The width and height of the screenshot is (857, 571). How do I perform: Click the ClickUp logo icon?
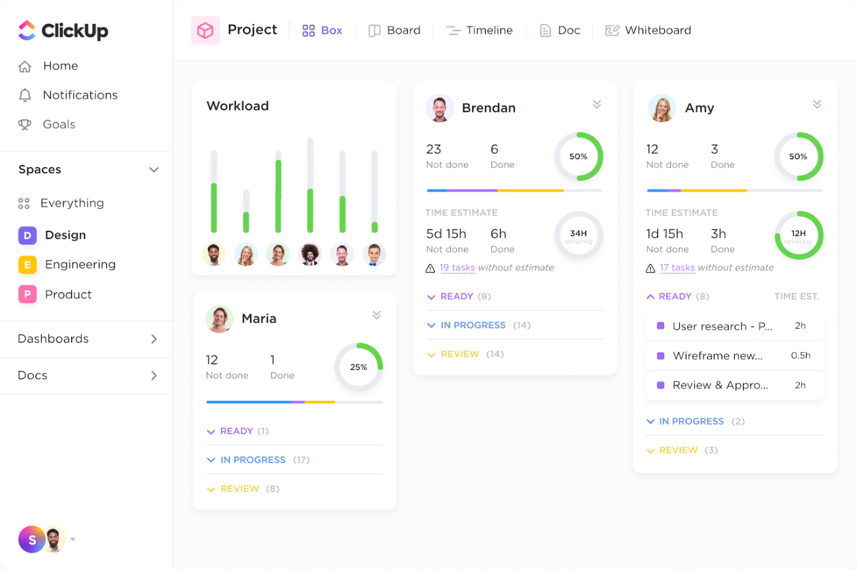[27, 30]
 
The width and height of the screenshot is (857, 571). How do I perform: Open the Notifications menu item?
[80, 95]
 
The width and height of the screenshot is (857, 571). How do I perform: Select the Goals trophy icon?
[25, 124]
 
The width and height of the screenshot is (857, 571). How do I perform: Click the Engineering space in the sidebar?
[80, 264]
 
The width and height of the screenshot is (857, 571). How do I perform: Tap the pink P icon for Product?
[27, 294]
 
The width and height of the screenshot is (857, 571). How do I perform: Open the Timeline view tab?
[479, 30]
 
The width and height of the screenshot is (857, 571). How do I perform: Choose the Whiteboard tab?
[648, 30]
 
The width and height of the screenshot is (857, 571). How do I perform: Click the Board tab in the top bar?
[395, 30]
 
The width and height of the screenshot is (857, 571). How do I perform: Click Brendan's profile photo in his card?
[440, 108]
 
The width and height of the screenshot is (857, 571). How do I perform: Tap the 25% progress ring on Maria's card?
[358, 367]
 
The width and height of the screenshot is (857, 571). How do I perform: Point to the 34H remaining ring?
[578, 235]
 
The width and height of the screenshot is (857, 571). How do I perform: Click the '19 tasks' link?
[457, 267]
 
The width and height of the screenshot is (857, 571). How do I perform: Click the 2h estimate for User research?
[800, 326]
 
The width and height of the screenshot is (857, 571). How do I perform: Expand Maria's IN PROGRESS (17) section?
[252, 460]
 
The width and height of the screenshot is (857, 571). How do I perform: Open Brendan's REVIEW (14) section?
[460, 354]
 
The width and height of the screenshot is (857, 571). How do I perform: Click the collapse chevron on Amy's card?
[817, 104]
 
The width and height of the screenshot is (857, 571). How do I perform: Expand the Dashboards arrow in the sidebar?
[154, 339]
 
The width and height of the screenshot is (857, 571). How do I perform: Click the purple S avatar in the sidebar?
[32, 540]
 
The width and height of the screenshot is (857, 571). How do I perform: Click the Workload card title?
[237, 106]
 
